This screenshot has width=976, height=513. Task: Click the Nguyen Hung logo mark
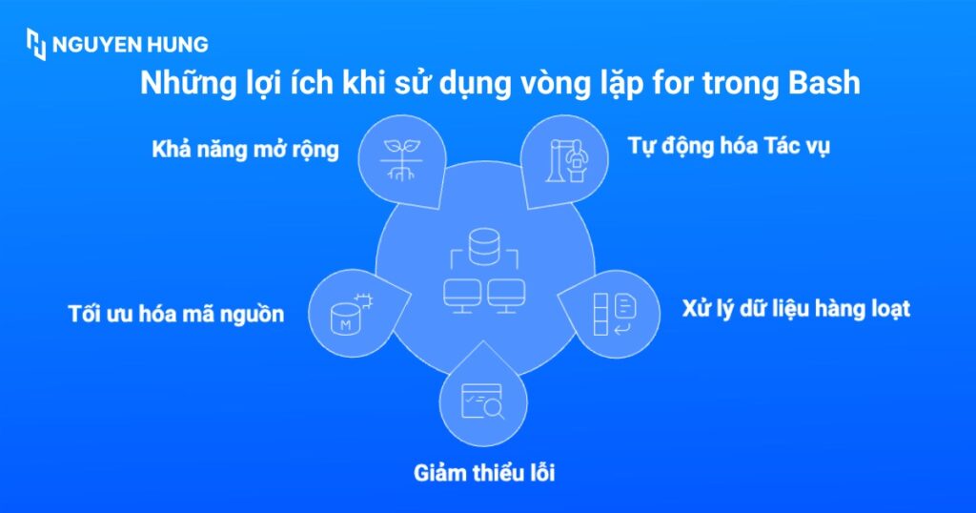(36, 45)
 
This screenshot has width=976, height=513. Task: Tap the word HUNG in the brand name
(177, 45)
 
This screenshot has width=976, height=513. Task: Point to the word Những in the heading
(182, 84)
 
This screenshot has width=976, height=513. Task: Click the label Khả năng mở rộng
(245, 151)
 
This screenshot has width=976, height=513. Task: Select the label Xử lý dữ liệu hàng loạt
(796, 309)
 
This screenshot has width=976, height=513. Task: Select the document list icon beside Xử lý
(615, 314)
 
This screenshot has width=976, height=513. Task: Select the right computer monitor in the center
(506, 293)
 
